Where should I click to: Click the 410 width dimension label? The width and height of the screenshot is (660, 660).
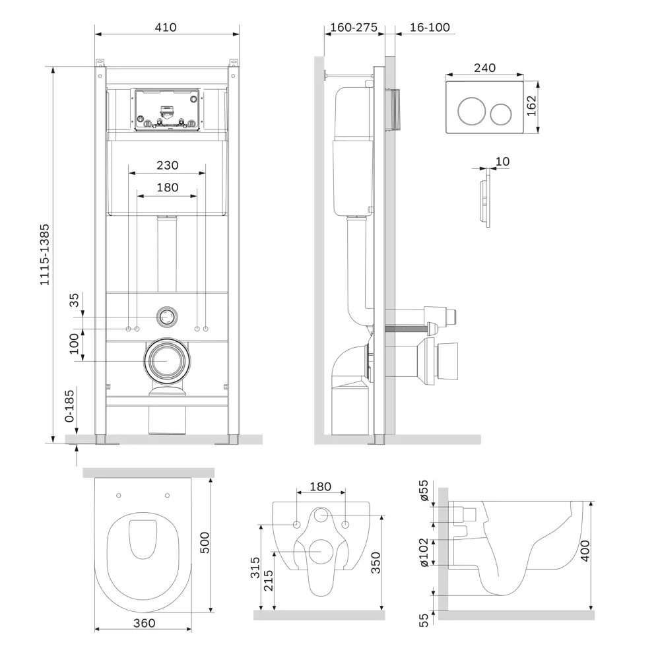(x=166, y=27)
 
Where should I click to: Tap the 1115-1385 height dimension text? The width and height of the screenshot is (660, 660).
(x=45, y=255)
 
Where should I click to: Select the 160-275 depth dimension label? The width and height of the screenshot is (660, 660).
(x=354, y=27)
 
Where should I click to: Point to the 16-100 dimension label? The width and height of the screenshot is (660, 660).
(x=430, y=27)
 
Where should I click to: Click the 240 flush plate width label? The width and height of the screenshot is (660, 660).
(x=484, y=68)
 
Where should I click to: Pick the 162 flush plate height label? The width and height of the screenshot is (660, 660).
(x=531, y=106)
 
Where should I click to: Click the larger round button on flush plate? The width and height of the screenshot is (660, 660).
(x=471, y=111)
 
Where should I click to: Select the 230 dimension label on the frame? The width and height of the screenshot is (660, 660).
(x=167, y=165)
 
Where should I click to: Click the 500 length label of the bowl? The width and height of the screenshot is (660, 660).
(x=205, y=543)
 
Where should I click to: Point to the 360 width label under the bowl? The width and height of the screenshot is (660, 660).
(x=144, y=623)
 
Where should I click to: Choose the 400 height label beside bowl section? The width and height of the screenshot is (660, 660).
(x=585, y=550)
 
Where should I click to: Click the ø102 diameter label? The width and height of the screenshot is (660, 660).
(x=424, y=552)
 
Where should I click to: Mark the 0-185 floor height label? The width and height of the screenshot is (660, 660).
(x=69, y=406)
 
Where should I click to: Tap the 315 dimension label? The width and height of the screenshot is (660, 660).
(x=255, y=568)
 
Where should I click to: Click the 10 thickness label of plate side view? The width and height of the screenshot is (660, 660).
(x=502, y=161)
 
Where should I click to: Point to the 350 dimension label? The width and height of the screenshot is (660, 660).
(x=376, y=563)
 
